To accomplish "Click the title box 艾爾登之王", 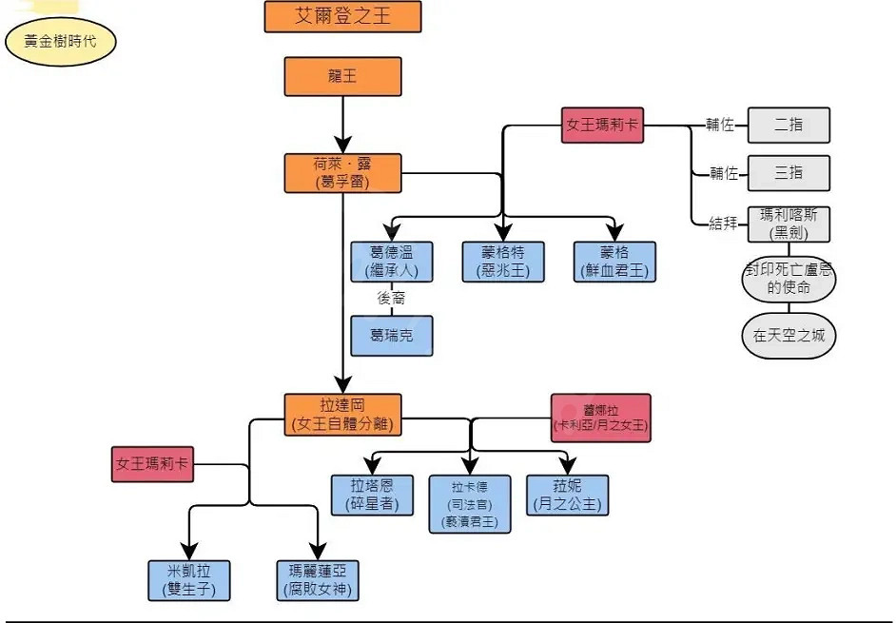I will click(342, 16).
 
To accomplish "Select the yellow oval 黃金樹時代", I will click(60, 43).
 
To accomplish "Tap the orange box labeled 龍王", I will click(342, 77).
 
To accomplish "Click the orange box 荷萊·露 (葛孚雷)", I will click(342, 172).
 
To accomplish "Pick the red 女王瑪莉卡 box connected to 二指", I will click(602, 125).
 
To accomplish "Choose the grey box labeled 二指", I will click(789, 125).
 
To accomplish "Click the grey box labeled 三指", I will click(789, 173).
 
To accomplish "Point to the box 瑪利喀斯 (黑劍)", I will click(789, 224).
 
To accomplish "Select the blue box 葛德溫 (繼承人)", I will click(392, 262).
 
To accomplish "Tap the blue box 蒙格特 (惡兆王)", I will click(503, 262).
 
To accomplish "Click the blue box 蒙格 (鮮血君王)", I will click(614, 262).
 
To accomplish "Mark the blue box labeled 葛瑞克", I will click(392, 336).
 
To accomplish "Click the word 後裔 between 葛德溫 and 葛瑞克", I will click(392, 299).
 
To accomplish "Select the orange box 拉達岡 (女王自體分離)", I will click(342, 415).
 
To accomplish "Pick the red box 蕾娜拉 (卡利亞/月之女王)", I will click(601, 418).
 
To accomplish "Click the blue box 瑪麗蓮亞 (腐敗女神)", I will click(318, 580).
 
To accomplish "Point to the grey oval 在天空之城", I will click(789, 336).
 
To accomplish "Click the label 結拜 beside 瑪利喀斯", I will click(723, 224).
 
